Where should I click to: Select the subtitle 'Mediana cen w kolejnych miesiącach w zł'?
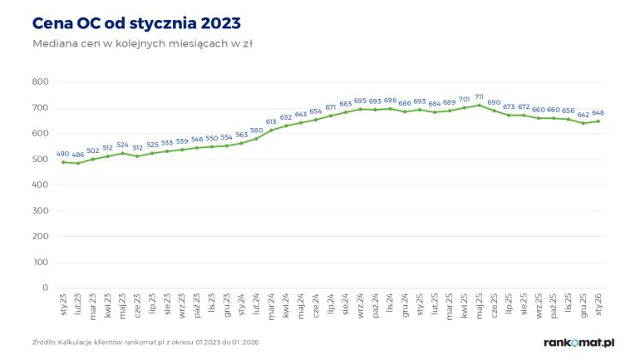pyautogui.click(x=141, y=43)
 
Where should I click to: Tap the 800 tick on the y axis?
pyautogui.click(x=40, y=81)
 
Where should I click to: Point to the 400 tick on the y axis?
pyautogui.click(x=40, y=185)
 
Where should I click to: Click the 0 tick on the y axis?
pyautogui.click(x=46, y=288)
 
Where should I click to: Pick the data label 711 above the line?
pyautogui.click(x=479, y=97)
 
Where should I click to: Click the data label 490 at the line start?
pyautogui.click(x=63, y=154)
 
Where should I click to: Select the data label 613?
pyautogui.click(x=271, y=121)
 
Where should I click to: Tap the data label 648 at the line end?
pyautogui.click(x=598, y=113)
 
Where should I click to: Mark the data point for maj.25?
pyautogui.click(x=479, y=105)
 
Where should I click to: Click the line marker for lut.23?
pyautogui.click(x=78, y=163)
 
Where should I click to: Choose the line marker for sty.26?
pyautogui.click(x=598, y=121)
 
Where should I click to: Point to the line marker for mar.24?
pyautogui.click(x=271, y=131)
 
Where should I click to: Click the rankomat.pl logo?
pyautogui.click(x=578, y=342)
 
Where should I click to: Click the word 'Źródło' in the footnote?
pyautogui.click(x=44, y=343)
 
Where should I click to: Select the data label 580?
pyautogui.click(x=256, y=130)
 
